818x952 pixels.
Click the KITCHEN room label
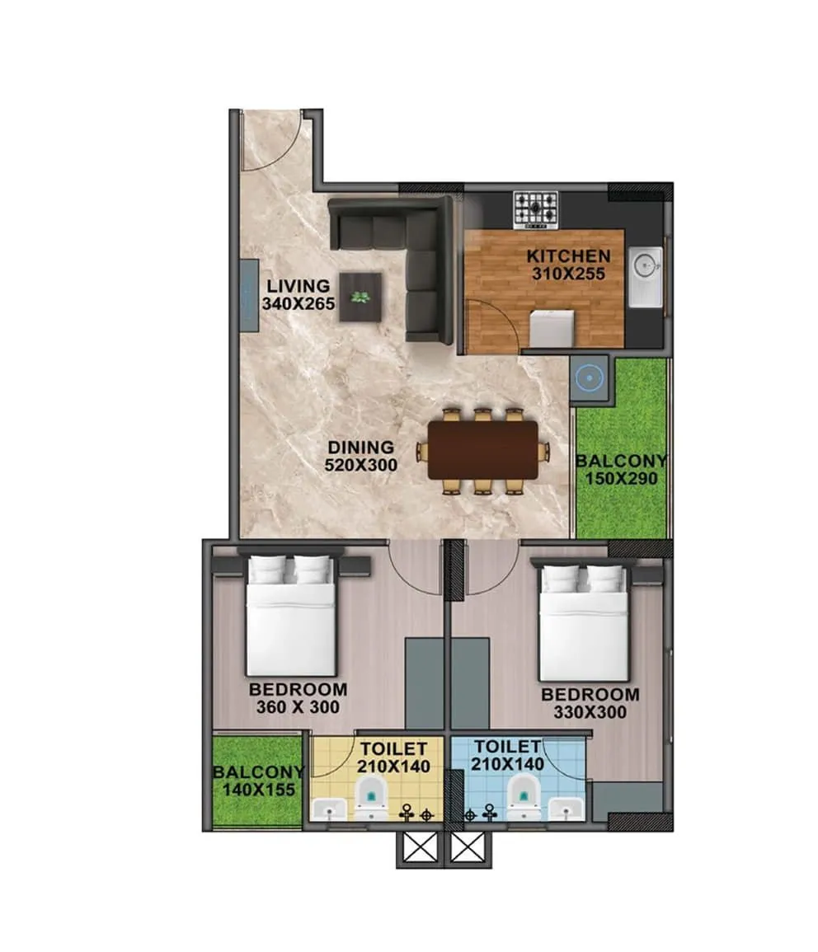coord(569,256)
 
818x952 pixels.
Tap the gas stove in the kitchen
coord(535,209)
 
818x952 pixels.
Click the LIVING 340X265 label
coord(298,294)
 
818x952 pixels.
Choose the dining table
coord(482,450)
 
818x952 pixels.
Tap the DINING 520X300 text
coord(360,456)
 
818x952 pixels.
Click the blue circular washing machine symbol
coord(590,380)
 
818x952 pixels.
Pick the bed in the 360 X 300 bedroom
coord(291,617)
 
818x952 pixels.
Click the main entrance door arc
coord(270,144)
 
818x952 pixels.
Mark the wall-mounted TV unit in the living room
coord(248,295)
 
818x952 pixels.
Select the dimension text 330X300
coord(590,713)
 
